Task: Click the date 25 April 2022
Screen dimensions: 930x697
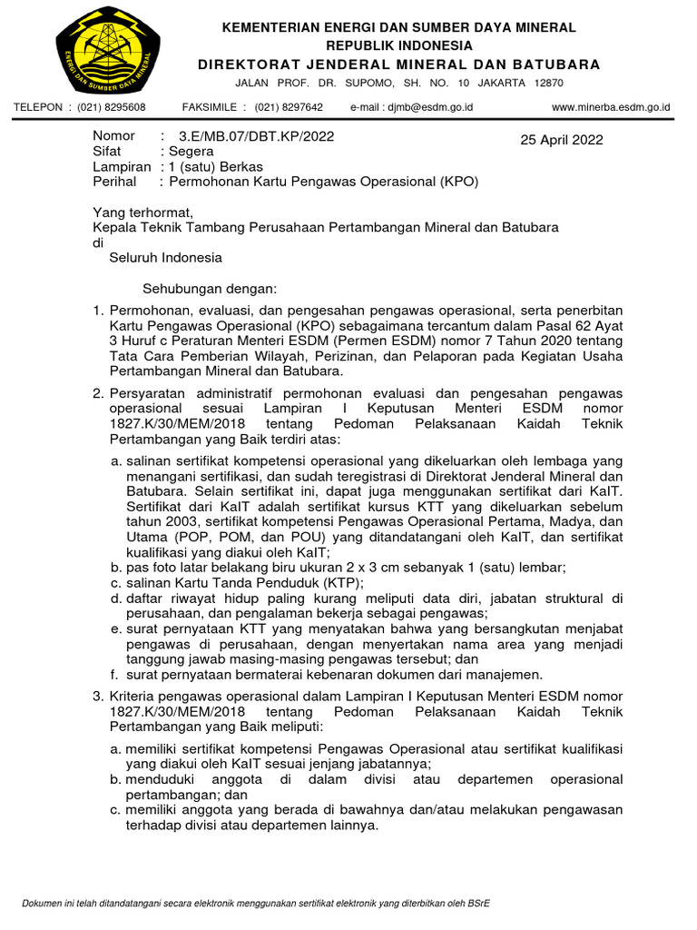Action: click(x=561, y=140)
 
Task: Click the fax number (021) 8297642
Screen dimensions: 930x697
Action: click(x=289, y=107)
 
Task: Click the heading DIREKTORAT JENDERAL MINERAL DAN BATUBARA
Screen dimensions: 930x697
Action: click(x=399, y=64)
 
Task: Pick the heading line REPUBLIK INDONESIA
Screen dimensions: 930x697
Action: click(x=399, y=45)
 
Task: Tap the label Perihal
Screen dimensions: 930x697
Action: click(x=114, y=182)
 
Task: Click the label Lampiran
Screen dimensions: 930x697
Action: click(x=122, y=167)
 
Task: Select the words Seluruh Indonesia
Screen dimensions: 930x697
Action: click(x=165, y=258)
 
